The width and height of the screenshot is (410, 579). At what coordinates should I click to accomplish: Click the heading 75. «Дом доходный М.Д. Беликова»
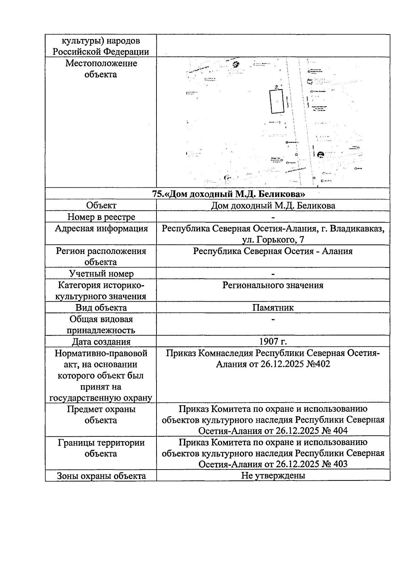tap(229, 194)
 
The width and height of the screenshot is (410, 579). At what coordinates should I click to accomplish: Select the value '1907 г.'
tap(273, 341)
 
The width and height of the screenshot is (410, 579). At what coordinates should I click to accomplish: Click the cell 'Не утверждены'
tap(273, 475)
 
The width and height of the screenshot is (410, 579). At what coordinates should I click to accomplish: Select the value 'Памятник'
tap(273, 307)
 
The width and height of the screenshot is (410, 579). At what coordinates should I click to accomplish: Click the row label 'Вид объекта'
tap(101, 307)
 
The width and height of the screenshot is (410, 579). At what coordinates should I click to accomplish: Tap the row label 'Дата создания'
tap(101, 341)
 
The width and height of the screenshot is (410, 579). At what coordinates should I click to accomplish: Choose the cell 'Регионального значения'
tap(273, 285)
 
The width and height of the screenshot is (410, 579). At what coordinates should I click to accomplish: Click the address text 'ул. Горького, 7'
tap(273, 240)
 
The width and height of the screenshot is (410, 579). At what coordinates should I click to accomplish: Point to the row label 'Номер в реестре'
tap(101, 217)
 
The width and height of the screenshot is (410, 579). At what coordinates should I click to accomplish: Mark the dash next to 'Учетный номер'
tap(273, 274)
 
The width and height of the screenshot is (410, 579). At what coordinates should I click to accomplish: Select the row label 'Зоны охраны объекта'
tap(101, 476)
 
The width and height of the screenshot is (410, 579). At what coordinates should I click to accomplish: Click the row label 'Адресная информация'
tap(101, 228)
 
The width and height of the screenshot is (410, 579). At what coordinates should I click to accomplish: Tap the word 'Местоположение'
tap(101, 63)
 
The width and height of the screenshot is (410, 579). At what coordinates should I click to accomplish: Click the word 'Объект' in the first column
tap(101, 205)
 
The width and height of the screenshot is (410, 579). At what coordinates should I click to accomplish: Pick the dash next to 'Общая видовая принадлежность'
tap(273, 319)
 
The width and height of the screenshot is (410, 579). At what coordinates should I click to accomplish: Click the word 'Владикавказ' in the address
tap(357, 228)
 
